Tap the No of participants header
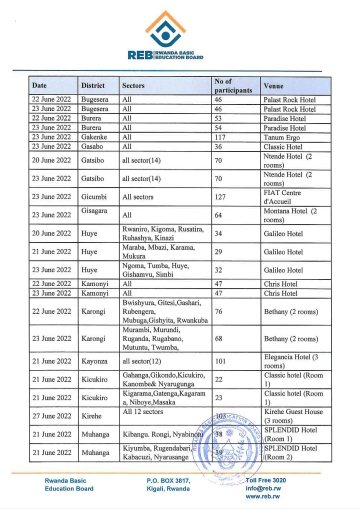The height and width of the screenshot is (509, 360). (x=233, y=86)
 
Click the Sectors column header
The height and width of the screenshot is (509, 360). (x=133, y=86)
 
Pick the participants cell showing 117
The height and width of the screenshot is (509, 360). (x=220, y=137)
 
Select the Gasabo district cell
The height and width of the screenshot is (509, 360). (x=93, y=147)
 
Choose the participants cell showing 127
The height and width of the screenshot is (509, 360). (x=220, y=197)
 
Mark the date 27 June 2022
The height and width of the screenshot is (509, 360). (x=51, y=416)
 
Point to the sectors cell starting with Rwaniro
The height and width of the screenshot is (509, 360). (x=163, y=233)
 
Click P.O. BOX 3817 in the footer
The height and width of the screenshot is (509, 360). (x=168, y=480)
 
